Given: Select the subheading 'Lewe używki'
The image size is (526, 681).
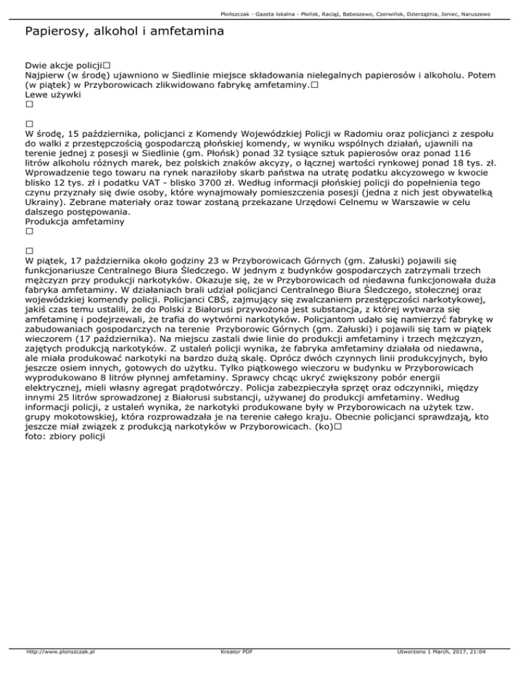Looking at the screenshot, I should pyautogui.click(x=53, y=95).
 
